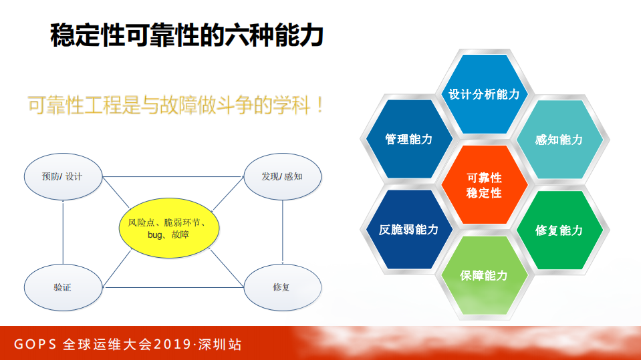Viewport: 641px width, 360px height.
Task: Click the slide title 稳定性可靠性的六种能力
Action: click(187, 35)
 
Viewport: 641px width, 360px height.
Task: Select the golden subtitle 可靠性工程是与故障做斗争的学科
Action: click(176, 105)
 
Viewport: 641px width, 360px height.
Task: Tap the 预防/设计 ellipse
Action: click(62, 177)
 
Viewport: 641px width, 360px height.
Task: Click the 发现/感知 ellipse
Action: click(282, 177)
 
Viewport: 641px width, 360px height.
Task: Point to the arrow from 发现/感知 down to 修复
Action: click(283, 232)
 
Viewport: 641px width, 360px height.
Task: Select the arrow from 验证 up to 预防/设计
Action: click(63, 232)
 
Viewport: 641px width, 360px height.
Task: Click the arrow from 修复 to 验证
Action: click(172, 288)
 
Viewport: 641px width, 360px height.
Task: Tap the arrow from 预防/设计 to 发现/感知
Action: click(172, 177)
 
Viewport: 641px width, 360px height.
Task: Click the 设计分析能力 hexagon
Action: click(483, 94)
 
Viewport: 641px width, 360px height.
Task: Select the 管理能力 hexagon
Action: click(408, 139)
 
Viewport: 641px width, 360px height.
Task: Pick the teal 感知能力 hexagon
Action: click(559, 139)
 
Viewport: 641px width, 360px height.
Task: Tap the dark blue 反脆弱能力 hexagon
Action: click(408, 230)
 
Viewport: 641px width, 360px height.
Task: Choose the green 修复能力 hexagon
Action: click(559, 230)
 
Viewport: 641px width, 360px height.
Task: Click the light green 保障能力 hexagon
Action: click(484, 275)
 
